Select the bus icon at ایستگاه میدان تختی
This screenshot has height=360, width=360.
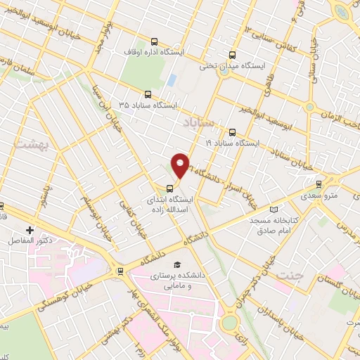233,54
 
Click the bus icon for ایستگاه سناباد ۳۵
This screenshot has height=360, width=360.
147,94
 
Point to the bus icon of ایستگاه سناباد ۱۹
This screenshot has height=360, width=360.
233,131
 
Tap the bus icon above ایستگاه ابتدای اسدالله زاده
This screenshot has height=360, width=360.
169,188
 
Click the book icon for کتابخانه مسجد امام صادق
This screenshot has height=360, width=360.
274,210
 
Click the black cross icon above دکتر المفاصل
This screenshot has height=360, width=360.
30,230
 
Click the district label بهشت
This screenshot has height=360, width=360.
29,143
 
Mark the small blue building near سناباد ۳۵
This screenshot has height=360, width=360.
171,79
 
